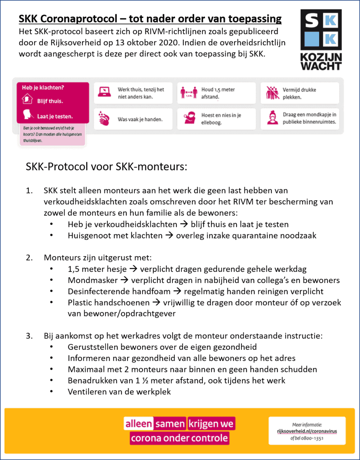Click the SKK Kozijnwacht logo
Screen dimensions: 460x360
[x=321, y=39]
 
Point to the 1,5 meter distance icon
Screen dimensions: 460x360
[x=189, y=92]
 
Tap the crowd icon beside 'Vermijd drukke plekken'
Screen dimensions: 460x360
[x=271, y=92]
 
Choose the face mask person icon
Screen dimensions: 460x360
[x=271, y=118]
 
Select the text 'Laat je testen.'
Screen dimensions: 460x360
[x=55, y=116]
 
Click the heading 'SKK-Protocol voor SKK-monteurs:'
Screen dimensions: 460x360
[x=106, y=166]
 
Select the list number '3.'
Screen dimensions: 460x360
[x=30, y=336]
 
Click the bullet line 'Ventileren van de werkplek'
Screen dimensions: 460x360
[x=119, y=392]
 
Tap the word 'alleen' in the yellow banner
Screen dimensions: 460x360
[x=138, y=424]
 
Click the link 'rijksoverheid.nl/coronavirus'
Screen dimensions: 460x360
[x=306, y=431]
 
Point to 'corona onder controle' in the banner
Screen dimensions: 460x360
[x=179, y=438]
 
